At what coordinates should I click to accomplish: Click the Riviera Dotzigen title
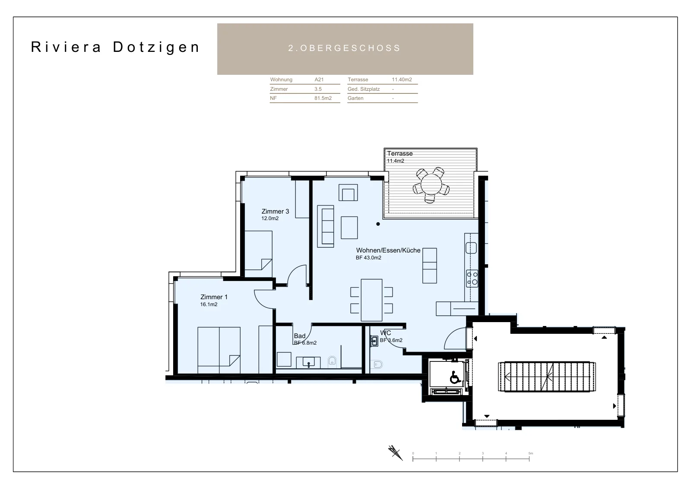[115, 47]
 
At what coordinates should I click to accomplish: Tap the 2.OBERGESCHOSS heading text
[345, 48]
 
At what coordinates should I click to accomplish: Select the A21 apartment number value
[319, 80]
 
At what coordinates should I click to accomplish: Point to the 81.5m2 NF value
[323, 98]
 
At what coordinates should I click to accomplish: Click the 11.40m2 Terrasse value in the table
[402, 80]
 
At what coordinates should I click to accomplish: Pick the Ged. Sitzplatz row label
[364, 89]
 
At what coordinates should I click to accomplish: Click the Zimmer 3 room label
[275, 211]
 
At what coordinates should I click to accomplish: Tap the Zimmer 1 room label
[214, 297]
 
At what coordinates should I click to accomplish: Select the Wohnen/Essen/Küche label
[388, 250]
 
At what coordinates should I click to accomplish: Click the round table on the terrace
[431, 185]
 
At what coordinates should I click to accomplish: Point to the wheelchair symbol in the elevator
[455, 377]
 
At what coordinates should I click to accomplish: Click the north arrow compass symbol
[396, 453]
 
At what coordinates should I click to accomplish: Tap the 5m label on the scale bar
[531, 454]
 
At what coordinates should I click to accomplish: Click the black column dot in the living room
[378, 224]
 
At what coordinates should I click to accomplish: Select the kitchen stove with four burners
[472, 278]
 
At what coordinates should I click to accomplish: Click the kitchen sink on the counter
[471, 248]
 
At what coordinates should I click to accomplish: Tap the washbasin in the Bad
[308, 362]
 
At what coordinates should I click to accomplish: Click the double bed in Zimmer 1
[219, 351]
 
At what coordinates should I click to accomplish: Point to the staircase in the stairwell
[547, 377]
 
